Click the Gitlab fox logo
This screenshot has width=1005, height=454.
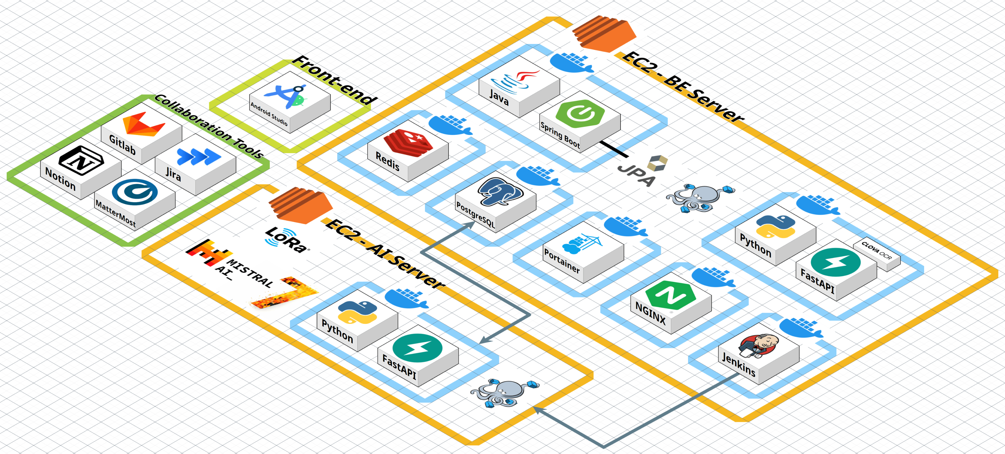pyautogui.click(x=144, y=124)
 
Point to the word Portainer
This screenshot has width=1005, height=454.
pyautogui.click(x=562, y=261)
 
